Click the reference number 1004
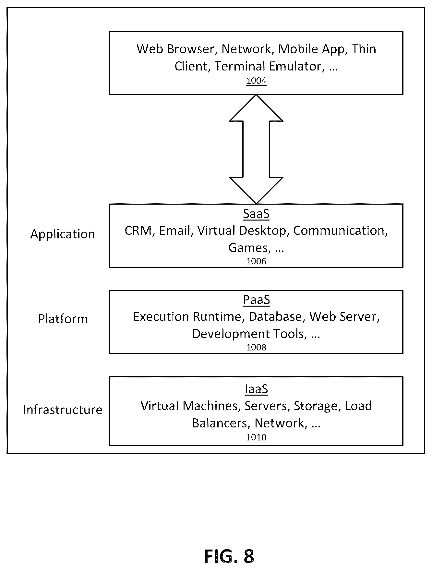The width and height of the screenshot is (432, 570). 256,81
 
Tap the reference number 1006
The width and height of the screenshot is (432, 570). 256,261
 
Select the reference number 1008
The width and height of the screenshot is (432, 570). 256,347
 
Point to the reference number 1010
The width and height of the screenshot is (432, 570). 256,437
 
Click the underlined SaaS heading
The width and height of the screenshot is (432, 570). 256,214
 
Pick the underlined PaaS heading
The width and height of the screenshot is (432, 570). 256,300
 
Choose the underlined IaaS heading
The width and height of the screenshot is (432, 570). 256,389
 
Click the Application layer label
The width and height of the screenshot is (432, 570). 63,234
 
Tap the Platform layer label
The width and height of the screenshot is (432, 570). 63,319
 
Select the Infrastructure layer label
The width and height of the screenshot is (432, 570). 63,410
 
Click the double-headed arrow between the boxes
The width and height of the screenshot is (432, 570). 256,149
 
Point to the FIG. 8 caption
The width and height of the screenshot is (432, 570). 229,556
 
